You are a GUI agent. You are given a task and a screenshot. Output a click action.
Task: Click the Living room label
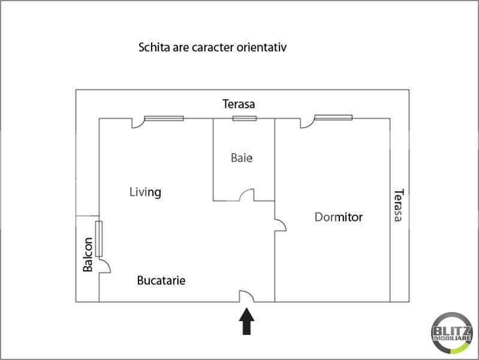tap(146, 192)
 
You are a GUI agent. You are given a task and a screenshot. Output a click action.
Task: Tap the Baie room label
tap(242, 158)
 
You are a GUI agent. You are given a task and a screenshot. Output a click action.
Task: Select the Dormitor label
tap(339, 217)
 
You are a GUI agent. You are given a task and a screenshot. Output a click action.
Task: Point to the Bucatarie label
tap(161, 280)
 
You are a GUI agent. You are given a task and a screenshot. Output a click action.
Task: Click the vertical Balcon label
tap(88, 255)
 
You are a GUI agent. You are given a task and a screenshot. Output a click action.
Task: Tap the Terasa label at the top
tap(239, 104)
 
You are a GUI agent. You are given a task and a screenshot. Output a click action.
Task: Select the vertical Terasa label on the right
tap(397, 206)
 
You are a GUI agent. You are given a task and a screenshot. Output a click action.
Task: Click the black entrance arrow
tap(246, 322)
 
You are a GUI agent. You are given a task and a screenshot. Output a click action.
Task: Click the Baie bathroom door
tap(247, 195)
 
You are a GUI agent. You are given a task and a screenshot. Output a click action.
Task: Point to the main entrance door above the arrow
tap(246, 296)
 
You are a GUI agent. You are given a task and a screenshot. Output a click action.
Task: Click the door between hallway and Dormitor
tap(280, 224)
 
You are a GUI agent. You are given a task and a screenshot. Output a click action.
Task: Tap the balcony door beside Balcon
tap(104, 266)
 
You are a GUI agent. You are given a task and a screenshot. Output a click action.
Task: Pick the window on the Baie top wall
tap(245, 118)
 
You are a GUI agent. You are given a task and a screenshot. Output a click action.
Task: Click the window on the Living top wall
tap(164, 118)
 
